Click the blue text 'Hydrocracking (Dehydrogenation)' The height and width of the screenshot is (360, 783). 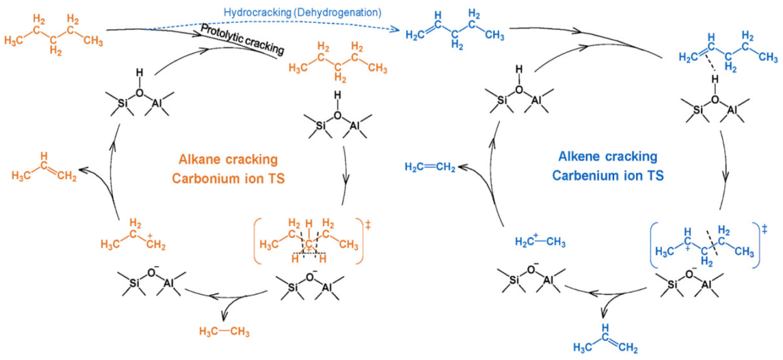(x=302, y=12)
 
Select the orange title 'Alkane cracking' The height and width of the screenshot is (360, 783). (x=228, y=159)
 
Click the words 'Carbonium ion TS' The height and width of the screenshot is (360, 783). (x=228, y=178)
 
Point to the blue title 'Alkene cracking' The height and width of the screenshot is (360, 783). (x=608, y=157)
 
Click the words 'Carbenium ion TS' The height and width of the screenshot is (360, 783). (x=608, y=176)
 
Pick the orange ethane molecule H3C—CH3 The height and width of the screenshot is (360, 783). (x=224, y=331)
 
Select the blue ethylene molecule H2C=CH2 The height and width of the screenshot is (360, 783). (x=430, y=167)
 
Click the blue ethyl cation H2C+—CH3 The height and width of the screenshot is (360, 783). (x=540, y=242)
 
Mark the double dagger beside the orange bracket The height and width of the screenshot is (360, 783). (x=368, y=225)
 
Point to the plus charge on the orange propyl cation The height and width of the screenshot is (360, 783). (x=150, y=236)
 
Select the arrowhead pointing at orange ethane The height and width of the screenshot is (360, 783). (x=223, y=317)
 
